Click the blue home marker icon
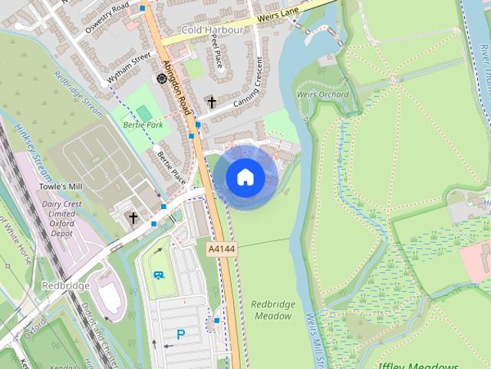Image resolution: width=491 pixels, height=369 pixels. (245, 177)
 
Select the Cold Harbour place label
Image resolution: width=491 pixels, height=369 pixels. (213, 30)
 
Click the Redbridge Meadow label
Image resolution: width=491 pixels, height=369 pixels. (272, 310)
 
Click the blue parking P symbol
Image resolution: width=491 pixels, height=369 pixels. (181, 334)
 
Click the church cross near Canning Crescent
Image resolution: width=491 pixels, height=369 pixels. (211, 101)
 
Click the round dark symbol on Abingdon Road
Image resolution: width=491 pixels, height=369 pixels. (162, 78)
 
